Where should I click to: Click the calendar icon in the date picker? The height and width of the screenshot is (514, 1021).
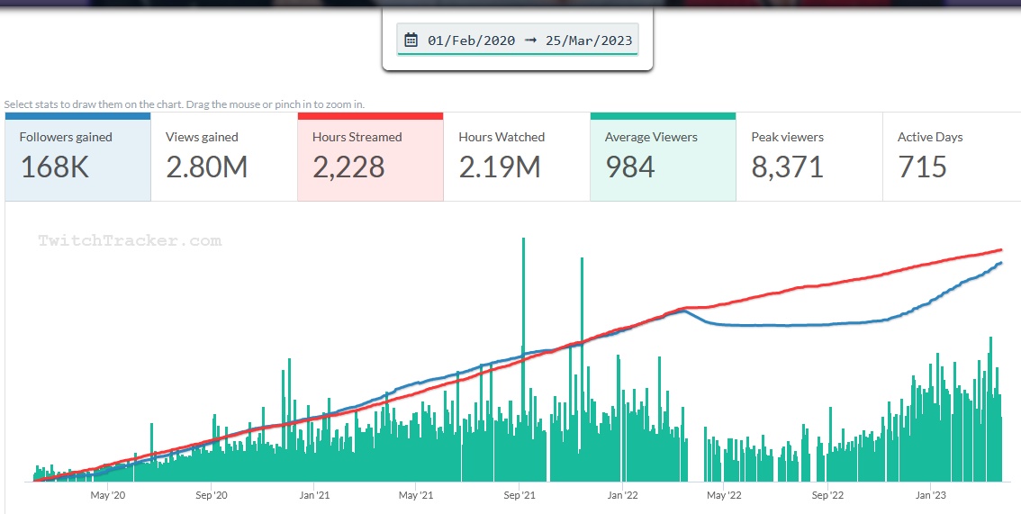[x=411, y=40]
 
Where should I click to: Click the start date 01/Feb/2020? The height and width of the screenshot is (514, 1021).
[x=472, y=40]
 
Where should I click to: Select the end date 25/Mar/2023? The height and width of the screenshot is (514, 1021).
[x=589, y=40]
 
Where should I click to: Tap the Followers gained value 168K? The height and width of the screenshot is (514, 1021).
[x=54, y=167]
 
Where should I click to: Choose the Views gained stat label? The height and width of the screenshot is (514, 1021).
[x=202, y=137]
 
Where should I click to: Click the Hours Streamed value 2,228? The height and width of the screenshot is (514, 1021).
[x=348, y=167]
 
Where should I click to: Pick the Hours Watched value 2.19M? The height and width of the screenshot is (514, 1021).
[x=500, y=167]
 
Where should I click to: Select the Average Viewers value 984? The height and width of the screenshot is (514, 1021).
[x=629, y=167]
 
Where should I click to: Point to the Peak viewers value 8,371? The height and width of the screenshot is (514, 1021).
[x=787, y=167]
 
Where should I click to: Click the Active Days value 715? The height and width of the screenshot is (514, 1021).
[x=922, y=167]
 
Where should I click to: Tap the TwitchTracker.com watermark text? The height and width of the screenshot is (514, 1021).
[x=130, y=240]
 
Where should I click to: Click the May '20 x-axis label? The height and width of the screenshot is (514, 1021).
[x=107, y=494]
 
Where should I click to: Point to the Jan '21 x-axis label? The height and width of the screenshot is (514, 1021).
[x=314, y=494]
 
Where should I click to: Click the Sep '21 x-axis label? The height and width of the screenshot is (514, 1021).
[x=520, y=494]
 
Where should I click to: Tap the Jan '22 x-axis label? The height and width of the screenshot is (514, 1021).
[x=623, y=494]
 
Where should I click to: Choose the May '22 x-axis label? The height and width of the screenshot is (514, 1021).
[x=724, y=494]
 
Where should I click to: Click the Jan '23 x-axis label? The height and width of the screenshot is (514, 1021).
[x=930, y=494]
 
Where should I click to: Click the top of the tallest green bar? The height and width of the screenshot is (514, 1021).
[x=523, y=239]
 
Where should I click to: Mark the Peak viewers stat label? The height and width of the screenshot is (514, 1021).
[x=787, y=137]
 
